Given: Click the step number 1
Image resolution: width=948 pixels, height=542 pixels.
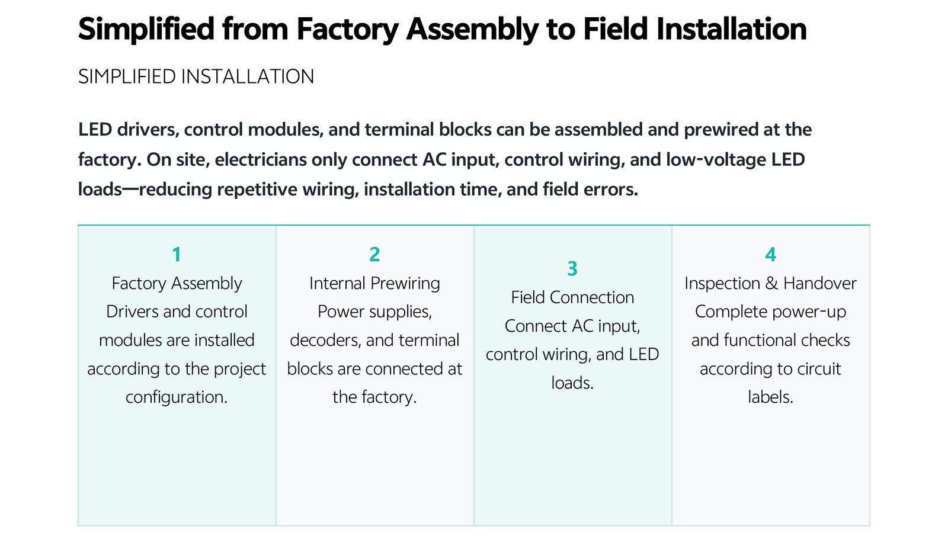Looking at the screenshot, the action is [177, 255].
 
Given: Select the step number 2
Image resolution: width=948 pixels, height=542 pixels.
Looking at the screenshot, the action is [374, 255].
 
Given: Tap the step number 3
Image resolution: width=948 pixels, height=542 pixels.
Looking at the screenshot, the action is [572, 269].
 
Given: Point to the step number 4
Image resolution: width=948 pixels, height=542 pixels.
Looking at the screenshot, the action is [771, 255].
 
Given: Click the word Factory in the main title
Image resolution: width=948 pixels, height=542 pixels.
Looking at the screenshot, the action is [347, 30].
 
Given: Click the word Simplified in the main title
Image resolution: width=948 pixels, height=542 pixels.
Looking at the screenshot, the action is [146, 29].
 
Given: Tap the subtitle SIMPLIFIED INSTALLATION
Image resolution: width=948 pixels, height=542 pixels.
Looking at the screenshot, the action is [196, 76].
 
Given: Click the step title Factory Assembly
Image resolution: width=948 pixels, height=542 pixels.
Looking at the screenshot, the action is [177, 284].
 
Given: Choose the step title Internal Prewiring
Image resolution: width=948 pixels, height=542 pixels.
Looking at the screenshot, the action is [374, 284].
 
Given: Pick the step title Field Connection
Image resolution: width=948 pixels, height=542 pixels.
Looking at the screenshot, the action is [572, 297].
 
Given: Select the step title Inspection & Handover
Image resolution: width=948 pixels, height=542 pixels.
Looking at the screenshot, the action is [770, 284].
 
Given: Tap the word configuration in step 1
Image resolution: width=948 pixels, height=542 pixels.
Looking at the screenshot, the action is [177, 397].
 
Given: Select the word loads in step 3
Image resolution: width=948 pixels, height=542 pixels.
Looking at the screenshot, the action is [572, 383].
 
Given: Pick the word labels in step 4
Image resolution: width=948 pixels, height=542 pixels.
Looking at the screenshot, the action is [770, 397].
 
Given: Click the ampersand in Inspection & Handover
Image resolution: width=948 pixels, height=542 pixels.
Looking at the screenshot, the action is [771, 284].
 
